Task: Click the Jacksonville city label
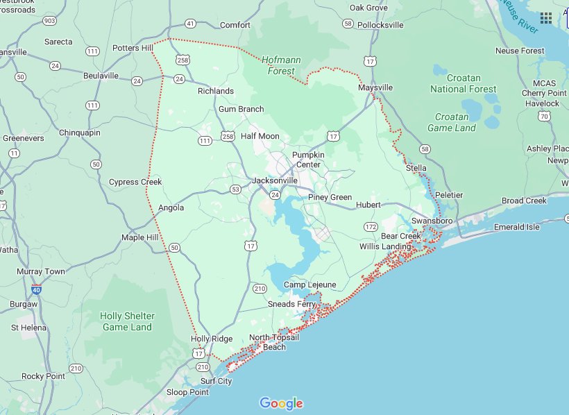click(x=275, y=180)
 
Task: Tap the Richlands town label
click(x=216, y=91)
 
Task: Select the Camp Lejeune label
click(x=309, y=285)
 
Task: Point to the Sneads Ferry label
click(x=292, y=304)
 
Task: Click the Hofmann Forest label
click(x=282, y=65)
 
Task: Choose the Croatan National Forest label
click(x=463, y=84)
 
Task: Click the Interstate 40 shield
click(x=36, y=289)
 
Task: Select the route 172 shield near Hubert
click(x=371, y=227)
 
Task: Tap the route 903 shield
click(x=49, y=22)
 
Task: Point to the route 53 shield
click(x=236, y=189)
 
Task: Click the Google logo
click(x=282, y=403)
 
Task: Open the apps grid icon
click(x=546, y=18)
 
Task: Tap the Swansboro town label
click(x=432, y=221)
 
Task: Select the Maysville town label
click(x=375, y=88)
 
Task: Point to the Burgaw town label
click(x=24, y=305)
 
